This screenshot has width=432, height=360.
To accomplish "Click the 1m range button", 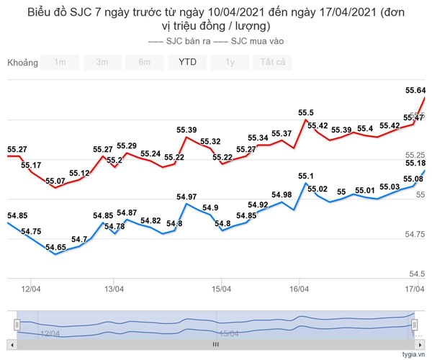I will pos(60,62).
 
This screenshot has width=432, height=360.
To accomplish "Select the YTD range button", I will pos(187,62).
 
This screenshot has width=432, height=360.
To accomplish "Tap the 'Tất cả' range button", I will pos(272,62).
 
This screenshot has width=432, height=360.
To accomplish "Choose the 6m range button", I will pos(145,62).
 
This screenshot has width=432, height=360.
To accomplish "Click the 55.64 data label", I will pos(415,91).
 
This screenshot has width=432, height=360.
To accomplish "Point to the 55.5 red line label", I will pos(306,113).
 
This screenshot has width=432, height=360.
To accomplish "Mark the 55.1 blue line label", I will pos(306,176).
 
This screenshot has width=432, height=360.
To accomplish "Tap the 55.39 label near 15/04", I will pos(186,130).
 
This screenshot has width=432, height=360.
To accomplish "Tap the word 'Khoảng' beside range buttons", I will pos(22,63).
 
